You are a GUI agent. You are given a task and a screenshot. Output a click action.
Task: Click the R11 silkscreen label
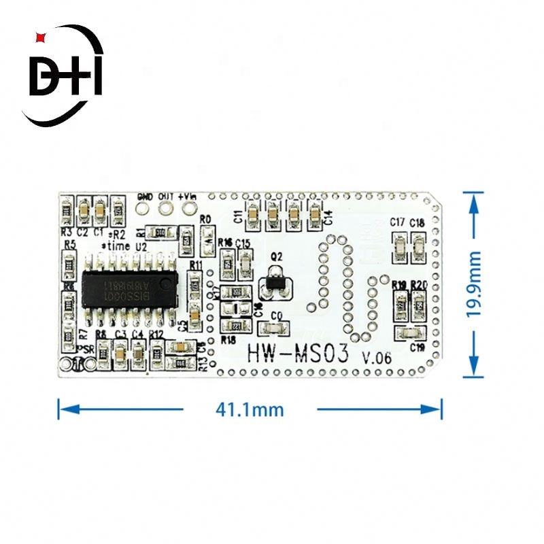coord(196,264)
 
